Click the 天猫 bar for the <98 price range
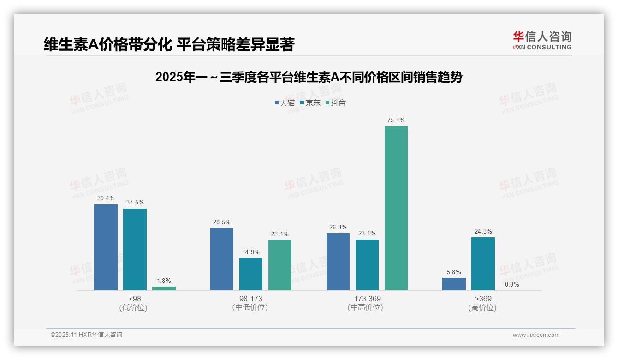point(106,247)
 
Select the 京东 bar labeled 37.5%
point(135,249)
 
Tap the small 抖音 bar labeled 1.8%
point(164,288)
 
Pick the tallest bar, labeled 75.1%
point(396,208)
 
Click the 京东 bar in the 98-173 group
point(251,274)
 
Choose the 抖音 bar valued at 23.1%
point(280,265)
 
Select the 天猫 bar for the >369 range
point(454,284)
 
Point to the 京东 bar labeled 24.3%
point(483,264)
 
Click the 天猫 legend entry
point(285,102)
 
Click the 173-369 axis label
point(367,299)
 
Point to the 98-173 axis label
point(251,299)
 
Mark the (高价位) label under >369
point(483,307)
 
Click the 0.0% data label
point(512,284)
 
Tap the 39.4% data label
point(106,198)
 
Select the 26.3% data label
point(338,227)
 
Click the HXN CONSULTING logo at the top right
point(542,40)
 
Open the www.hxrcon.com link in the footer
point(536,335)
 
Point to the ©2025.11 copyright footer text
point(86,335)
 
